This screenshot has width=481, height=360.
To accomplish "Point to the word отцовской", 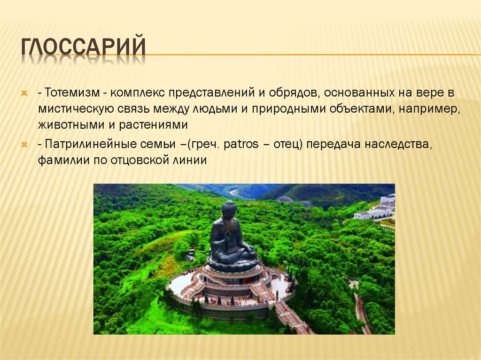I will click(x=138, y=160).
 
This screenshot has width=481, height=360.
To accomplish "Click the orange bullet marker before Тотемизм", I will click(x=24, y=93).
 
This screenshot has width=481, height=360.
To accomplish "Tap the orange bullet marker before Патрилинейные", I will click(x=24, y=145).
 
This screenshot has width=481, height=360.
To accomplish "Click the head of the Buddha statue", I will click(x=229, y=210).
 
